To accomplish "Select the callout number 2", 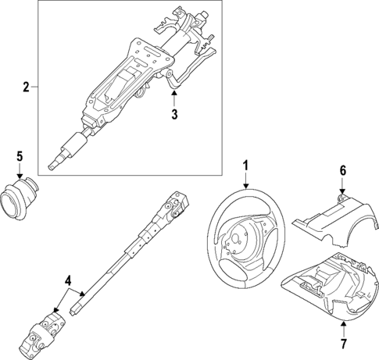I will point(27,86).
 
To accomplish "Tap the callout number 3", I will point(175,114).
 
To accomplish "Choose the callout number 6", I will point(341,170).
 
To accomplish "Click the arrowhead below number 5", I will point(22,176).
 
